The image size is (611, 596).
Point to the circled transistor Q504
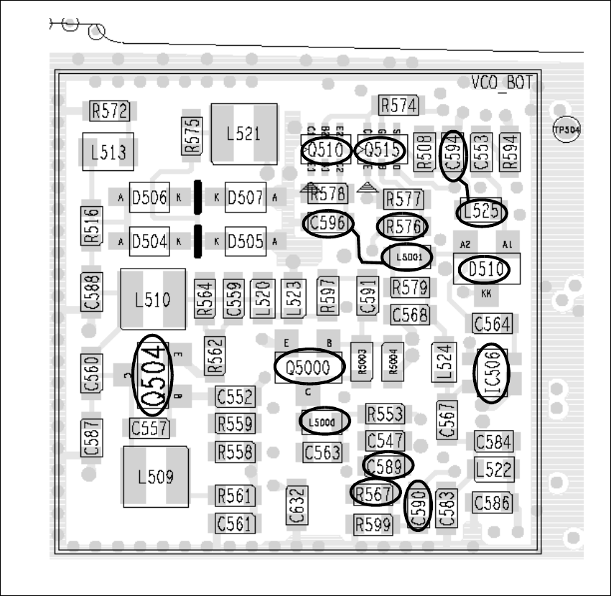154,376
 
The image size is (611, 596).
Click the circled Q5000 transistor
308,368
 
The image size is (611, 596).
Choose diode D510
483,270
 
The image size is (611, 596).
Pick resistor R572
109,111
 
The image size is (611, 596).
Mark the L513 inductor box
109,152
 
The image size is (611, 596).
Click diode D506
149,198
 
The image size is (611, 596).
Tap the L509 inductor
154,476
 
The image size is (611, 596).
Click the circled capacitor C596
329,224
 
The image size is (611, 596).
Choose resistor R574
398,106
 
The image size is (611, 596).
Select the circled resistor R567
374,493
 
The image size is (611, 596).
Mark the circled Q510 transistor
326,151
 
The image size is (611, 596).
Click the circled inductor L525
482,212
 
